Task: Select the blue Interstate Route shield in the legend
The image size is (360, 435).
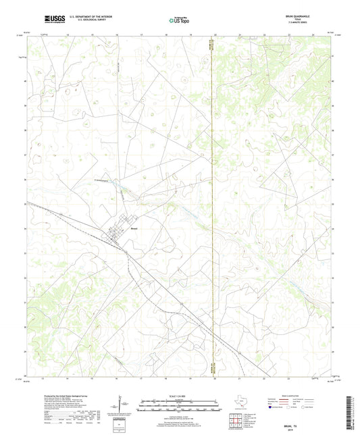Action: coord(272,408)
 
